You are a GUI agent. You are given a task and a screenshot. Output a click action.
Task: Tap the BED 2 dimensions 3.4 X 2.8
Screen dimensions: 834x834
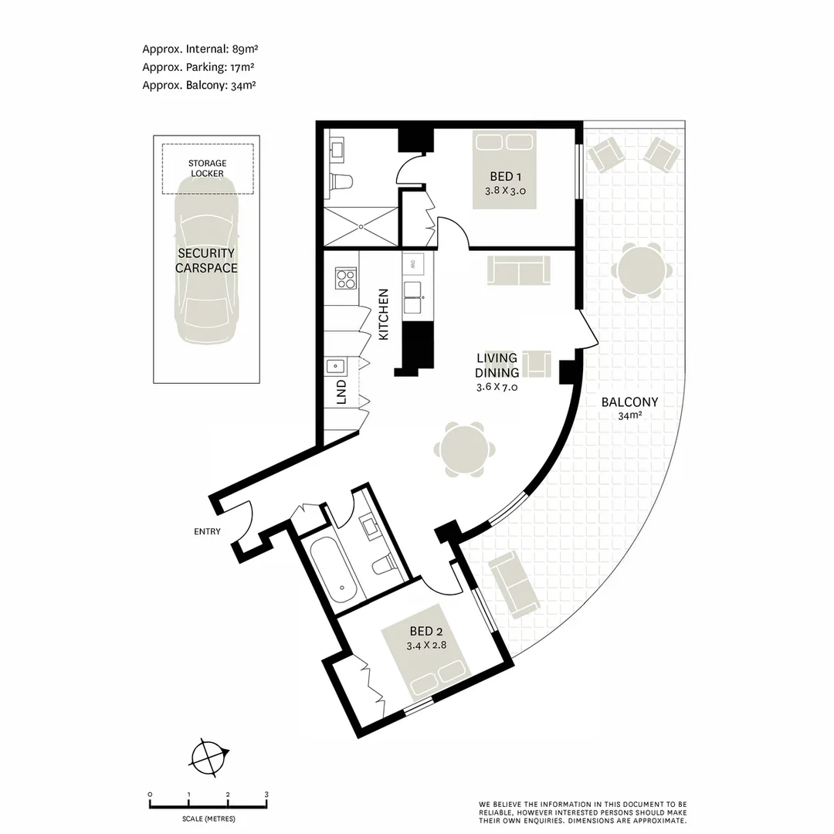click(426, 644)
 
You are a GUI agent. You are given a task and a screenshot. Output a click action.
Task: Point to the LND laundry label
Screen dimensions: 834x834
click(341, 392)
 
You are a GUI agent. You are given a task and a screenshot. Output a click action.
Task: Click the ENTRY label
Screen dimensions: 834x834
click(208, 531)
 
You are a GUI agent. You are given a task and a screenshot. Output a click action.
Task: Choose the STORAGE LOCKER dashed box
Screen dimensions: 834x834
click(207, 168)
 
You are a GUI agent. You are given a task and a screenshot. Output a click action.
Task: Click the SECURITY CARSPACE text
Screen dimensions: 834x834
click(205, 260)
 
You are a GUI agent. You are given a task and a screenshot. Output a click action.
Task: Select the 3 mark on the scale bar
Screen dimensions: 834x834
click(266, 795)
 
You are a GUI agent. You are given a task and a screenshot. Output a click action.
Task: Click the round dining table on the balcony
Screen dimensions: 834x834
click(642, 271)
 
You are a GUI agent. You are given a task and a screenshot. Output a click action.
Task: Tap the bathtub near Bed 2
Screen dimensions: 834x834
click(334, 571)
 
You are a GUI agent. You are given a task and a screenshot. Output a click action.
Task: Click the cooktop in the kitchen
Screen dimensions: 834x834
click(345, 277)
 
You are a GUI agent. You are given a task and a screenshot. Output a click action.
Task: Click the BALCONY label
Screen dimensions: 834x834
click(630, 402)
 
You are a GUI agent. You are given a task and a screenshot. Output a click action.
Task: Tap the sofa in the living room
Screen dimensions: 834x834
click(518, 271)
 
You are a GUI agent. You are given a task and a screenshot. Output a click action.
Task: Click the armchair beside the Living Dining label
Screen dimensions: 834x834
click(536, 363)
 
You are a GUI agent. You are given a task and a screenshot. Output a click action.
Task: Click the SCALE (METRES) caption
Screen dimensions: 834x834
click(208, 819)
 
